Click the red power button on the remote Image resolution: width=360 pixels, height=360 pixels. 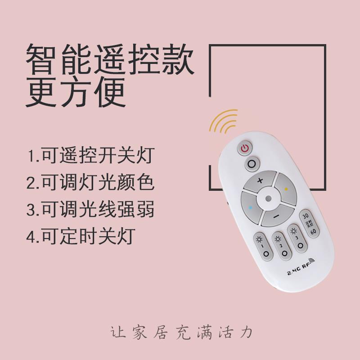tap(245, 148)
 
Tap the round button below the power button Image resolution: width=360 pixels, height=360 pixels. tap(252, 164)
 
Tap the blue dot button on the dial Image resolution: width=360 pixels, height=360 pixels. tap(251, 207)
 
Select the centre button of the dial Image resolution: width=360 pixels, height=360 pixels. tap(268, 198)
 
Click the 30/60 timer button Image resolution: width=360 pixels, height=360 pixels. tap(309, 223)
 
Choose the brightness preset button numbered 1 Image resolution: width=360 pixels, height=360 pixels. tap(263, 246)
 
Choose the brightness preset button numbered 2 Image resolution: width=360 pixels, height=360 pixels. tap(281, 246)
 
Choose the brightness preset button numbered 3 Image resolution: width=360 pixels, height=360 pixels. tap(297, 238)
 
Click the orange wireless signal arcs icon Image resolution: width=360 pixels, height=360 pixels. tap(223, 121)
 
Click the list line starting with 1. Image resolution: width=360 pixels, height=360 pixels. tap(91, 155)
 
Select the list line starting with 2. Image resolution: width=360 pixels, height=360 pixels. tap(90, 182)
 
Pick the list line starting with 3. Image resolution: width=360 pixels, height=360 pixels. tap(90, 209)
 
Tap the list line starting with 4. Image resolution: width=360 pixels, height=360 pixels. tap(81, 236)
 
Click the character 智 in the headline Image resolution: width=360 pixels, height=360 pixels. tap(40, 59)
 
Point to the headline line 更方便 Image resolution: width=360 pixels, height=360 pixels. tap(76, 92)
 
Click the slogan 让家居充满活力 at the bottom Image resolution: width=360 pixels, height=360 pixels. tap(181, 332)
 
